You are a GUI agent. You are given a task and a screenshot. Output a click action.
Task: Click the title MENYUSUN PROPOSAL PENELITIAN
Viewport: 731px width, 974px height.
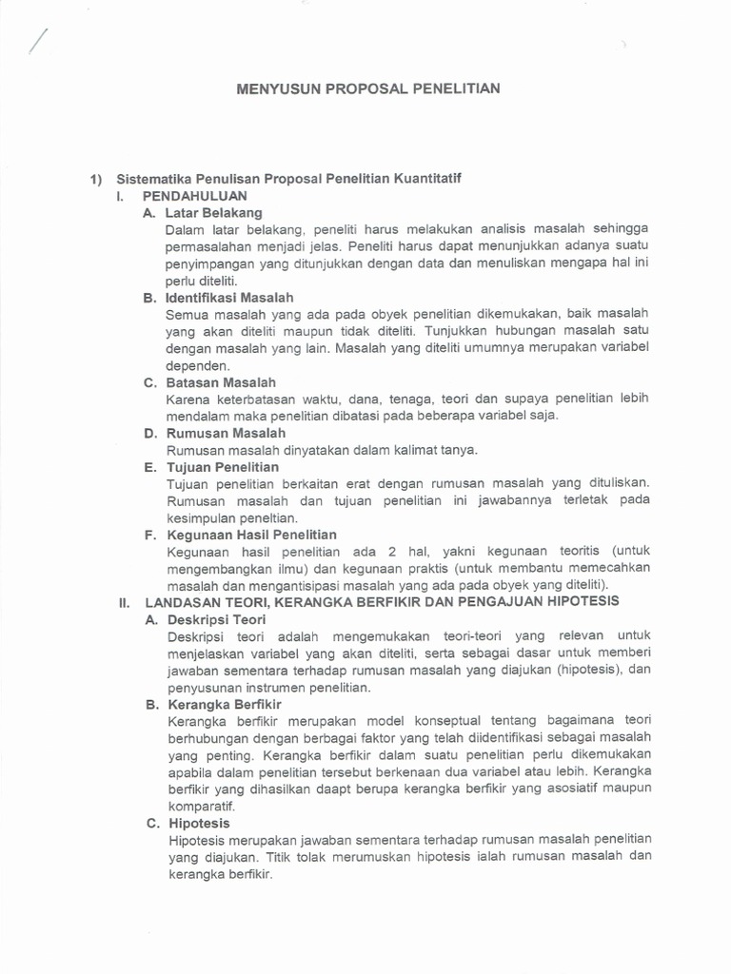[x=366, y=88]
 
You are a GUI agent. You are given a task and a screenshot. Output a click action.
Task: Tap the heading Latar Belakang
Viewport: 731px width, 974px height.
[x=213, y=212]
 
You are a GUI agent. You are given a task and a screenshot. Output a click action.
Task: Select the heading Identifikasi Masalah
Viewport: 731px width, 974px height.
[x=229, y=298]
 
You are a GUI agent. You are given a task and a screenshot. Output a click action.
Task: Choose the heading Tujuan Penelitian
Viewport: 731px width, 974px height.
[x=223, y=467]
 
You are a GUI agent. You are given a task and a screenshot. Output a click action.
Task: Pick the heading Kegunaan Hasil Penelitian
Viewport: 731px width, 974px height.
[x=251, y=535]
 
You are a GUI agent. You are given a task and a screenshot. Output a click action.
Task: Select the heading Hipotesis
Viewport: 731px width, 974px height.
[x=199, y=823]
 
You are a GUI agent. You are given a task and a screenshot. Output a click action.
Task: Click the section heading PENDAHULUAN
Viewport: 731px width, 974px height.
[x=195, y=195]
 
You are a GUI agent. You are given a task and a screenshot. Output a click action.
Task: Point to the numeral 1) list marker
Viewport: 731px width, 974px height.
[x=95, y=178]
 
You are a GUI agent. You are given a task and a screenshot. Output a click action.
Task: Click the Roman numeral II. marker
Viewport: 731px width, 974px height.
[x=124, y=602]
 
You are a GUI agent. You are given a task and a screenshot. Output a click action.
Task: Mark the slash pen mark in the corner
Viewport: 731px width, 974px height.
[x=38, y=41]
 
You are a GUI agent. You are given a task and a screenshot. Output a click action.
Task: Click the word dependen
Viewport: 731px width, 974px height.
[x=198, y=365]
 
